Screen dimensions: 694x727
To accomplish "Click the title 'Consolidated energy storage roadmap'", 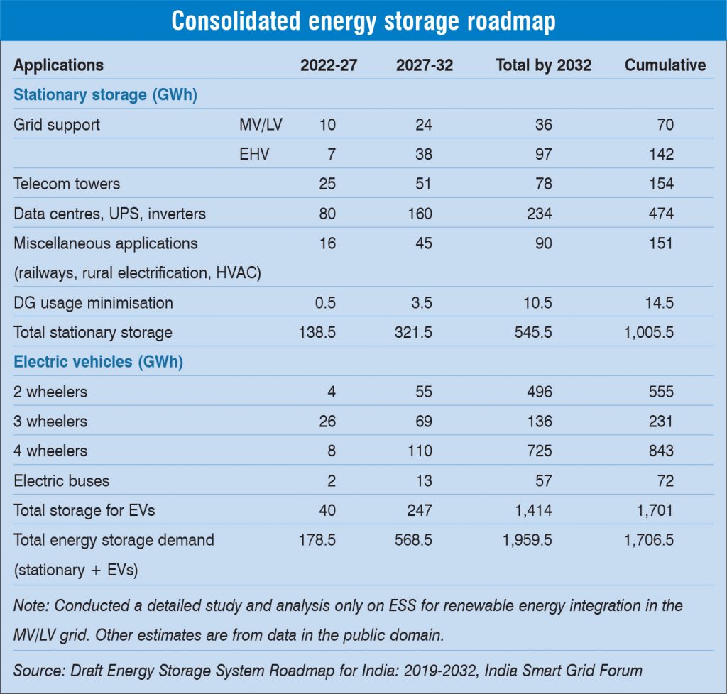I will tap(363, 22).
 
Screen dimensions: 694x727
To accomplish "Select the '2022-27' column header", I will tap(329, 65).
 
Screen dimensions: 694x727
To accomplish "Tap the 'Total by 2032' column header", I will tap(543, 65).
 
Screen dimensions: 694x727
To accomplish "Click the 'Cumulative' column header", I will tap(665, 65).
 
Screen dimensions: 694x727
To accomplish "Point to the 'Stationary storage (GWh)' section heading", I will tap(105, 95).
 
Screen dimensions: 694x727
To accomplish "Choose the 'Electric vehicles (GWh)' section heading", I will tap(99, 362).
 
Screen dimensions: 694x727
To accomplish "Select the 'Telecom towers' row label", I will tap(67, 184).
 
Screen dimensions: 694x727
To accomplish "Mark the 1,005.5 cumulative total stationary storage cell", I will tap(648, 332).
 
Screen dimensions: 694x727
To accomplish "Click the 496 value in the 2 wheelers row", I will tap(540, 392).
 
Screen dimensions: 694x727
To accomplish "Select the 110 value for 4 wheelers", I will tap(419, 451).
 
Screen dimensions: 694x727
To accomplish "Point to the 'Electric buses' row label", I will tap(62, 480).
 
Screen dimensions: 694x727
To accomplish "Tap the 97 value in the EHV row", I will tap(543, 154).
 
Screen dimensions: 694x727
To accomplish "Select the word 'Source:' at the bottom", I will tap(38, 671).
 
